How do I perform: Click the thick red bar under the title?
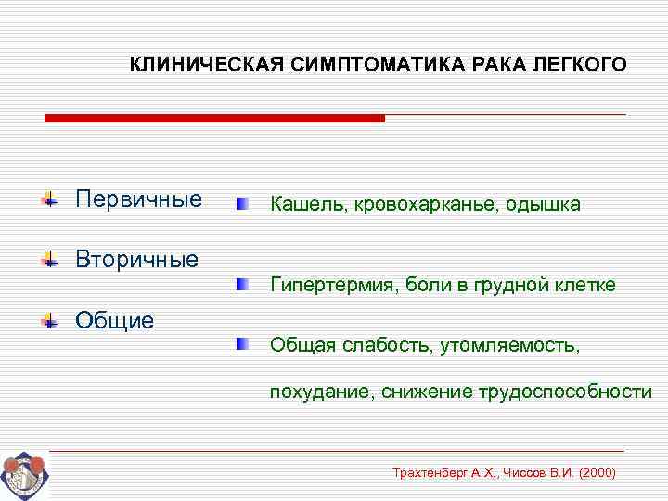[x=214, y=119]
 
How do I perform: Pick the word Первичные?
[x=138, y=199]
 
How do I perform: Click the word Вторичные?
[x=136, y=259]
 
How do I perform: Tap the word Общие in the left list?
[x=114, y=321]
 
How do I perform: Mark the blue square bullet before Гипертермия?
[x=241, y=282]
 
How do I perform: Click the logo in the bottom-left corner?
[x=22, y=476]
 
